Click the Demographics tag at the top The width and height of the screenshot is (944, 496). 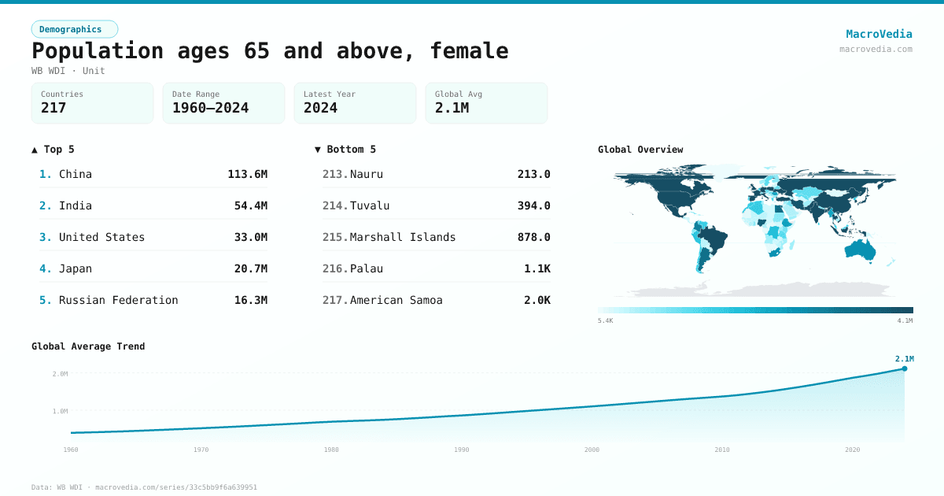click(x=74, y=29)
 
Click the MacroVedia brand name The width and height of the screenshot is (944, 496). click(x=879, y=34)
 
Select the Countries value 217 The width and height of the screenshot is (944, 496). click(x=53, y=108)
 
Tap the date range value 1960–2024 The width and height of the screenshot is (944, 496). click(x=210, y=108)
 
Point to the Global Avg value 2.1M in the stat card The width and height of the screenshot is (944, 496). click(x=452, y=108)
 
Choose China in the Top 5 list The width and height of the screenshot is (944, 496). click(x=76, y=174)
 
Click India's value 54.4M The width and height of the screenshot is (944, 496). click(x=250, y=205)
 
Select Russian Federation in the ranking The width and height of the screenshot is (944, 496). click(x=118, y=300)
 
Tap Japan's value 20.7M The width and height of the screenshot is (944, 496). click(x=250, y=268)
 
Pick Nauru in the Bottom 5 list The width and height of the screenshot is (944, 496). click(x=366, y=174)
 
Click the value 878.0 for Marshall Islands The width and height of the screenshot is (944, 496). click(x=533, y=237)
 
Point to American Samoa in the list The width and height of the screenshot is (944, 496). click(x=396, y=300)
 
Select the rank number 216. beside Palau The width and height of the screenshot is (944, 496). click(x=334, y=268)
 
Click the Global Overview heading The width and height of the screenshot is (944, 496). click(x=640, y=150)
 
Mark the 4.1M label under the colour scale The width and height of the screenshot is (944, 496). click(x=905, y=320)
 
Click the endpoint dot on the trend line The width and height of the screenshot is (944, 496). click(x=904, y=368)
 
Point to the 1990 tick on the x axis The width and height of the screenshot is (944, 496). click(x=462, y=450)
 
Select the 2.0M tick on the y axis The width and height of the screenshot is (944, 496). click(x=60, y=374)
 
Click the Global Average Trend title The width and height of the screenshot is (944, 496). click(x=88, y=346)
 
